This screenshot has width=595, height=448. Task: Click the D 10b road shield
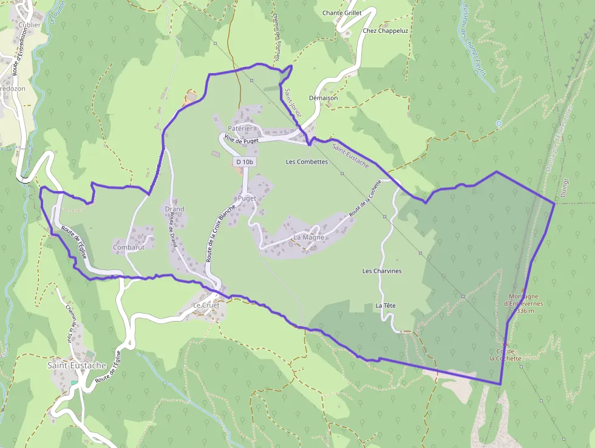coord(243,162)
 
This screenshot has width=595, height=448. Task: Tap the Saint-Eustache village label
coord(76,365)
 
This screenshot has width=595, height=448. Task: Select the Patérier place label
coord(240,128)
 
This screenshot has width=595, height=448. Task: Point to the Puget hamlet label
coord(247,198)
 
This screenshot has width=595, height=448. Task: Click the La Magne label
coord(308,237)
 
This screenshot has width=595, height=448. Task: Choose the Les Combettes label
coord(307,162)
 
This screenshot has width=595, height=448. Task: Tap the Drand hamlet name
coord(174,209)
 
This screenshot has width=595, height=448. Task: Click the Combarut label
coord(129,248)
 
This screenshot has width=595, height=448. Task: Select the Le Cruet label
coord(205,305)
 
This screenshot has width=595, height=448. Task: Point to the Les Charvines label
coord(382,271)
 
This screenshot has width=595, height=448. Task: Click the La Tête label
coord(386,305)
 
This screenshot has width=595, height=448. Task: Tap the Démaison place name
coord(323,98)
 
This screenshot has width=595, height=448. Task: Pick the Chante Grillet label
coord(342,13)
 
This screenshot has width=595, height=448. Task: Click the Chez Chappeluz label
coord(386,30)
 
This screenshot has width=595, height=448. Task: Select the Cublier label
coord(29,25)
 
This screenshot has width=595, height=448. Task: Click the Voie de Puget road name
coord(241,140)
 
